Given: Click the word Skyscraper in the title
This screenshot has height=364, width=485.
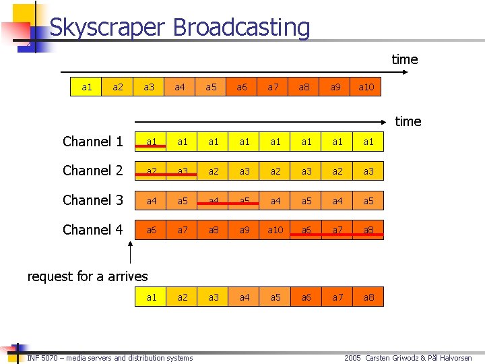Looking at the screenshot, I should click(107, 28).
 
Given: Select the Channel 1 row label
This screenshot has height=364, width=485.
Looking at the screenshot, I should click(93, 142).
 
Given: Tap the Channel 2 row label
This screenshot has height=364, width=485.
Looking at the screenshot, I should click(93, 171).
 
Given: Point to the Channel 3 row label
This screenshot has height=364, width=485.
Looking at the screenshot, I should click(93, 200).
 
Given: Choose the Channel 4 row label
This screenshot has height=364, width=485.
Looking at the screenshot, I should click(93, 230).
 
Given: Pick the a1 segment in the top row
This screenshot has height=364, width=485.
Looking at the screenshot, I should click(87, 87).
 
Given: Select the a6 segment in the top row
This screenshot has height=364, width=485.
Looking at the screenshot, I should click(242, 87).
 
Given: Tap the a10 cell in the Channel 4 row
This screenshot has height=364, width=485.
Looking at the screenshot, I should click(276, 230).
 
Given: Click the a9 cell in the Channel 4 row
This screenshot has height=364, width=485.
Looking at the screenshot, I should click(245, 230).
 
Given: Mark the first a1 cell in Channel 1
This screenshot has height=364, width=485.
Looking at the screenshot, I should click(152, 142).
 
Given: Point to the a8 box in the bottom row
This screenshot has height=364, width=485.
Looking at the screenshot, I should click(368, 297).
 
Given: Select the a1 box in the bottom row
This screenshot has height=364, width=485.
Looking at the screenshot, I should click(152, 297).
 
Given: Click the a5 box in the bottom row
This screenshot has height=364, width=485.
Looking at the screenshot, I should click(276, 297).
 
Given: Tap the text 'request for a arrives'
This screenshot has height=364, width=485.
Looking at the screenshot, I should click(87, 276).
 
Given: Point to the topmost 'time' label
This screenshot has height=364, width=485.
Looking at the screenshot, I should click(405, 59).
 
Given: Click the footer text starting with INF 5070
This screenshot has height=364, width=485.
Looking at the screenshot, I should click(110, 358).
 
